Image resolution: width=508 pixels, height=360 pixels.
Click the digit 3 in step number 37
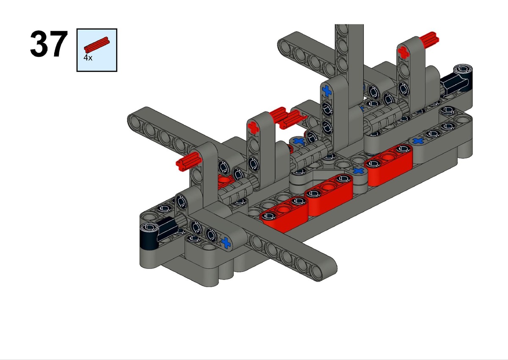(39, 44)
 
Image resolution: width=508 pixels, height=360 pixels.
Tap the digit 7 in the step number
(58, 44)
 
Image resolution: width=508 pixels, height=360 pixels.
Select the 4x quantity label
(88, 58)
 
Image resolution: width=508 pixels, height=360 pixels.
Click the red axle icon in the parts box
(97, 45)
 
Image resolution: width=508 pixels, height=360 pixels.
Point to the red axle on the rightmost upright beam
(429, 40)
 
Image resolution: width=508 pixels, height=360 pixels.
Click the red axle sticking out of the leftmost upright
(188, 161)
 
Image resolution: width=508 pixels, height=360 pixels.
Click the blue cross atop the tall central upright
(327, 91)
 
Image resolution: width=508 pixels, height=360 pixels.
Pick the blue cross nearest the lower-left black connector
(226, 243)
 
